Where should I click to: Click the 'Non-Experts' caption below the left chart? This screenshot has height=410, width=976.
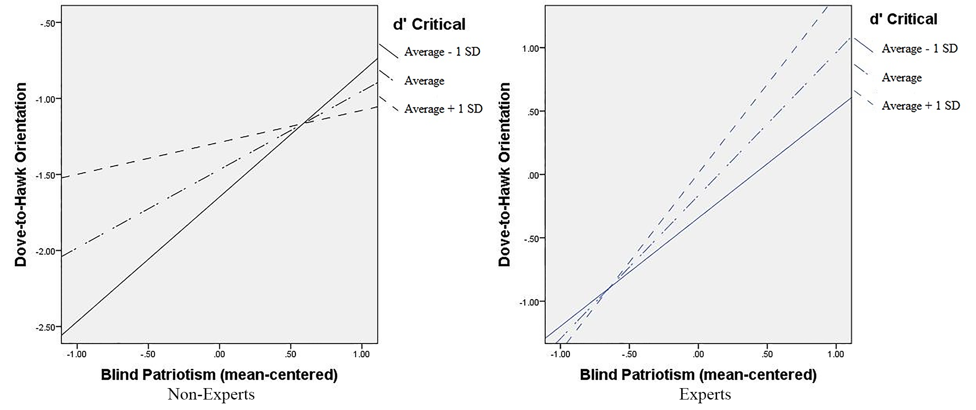click(x=211, y=395)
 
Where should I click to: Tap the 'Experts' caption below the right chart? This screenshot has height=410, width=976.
click(x=705, y=395)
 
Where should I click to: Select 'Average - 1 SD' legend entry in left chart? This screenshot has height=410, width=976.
click(x=442, y=51)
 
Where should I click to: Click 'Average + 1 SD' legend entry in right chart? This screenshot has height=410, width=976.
click(x=920, y=106)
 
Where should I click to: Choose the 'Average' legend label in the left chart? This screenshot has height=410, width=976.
click(x=424, y=81)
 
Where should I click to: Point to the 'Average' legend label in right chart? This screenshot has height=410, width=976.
click(x=901, y=78)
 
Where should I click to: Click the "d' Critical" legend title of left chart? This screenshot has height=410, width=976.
click(x=429, y=24)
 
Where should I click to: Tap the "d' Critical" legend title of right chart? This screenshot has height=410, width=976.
click(x=903, y=19)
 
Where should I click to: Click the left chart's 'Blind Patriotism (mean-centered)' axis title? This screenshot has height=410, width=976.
click(x=219, y=375)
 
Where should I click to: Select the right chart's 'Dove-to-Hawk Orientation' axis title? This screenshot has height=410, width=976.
click(x=505, y=175)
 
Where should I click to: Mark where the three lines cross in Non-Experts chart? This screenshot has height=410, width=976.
click(x=304, y=123)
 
